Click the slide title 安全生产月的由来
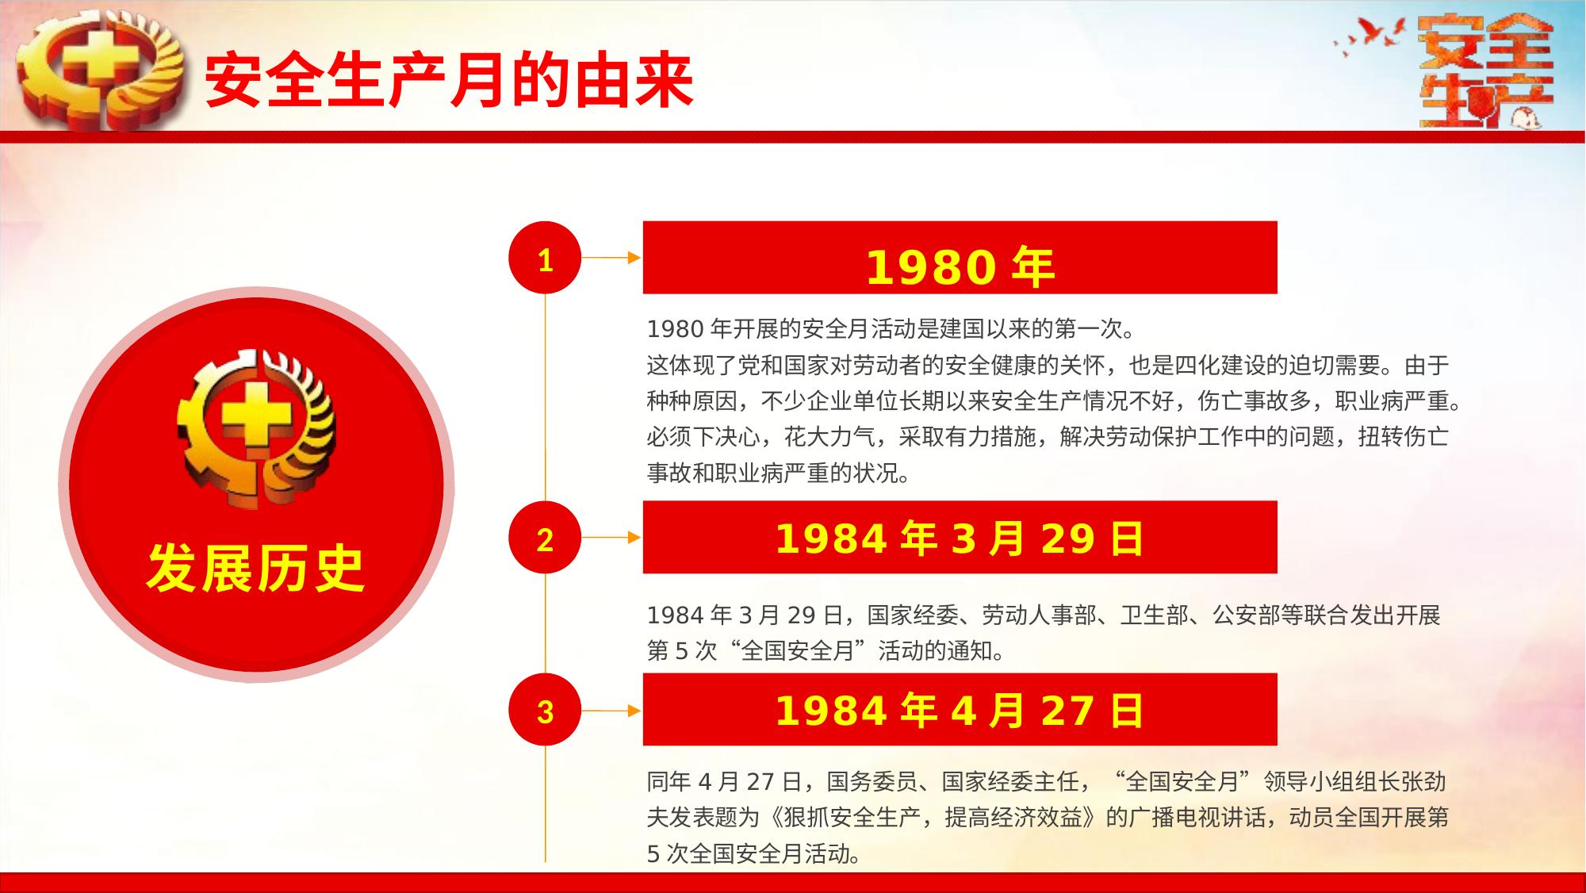450,80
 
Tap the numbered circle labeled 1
545,258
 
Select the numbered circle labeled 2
545,538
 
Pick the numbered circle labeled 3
545,710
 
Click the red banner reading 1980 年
960,258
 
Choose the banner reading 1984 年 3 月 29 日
960,537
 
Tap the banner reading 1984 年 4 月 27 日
960,709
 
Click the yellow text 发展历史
255,569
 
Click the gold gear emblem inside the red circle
255,428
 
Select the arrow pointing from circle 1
611,258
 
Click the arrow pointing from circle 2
611,538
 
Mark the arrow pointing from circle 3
611,711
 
